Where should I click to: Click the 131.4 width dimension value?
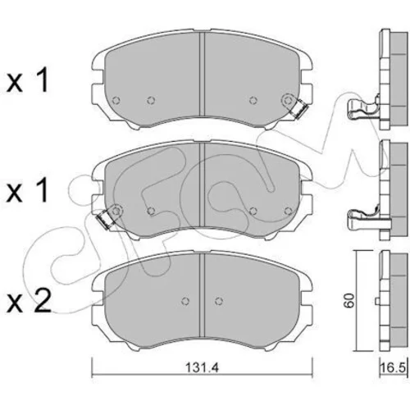(203, 367)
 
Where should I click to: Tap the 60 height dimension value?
(350, 301)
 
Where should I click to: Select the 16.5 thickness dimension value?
(393, 367)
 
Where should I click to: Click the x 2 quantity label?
(29, 301)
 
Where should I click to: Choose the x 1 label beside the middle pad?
(28, 191)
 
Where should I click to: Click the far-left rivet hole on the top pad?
(116, 101)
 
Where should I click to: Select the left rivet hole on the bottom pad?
(185, 301)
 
